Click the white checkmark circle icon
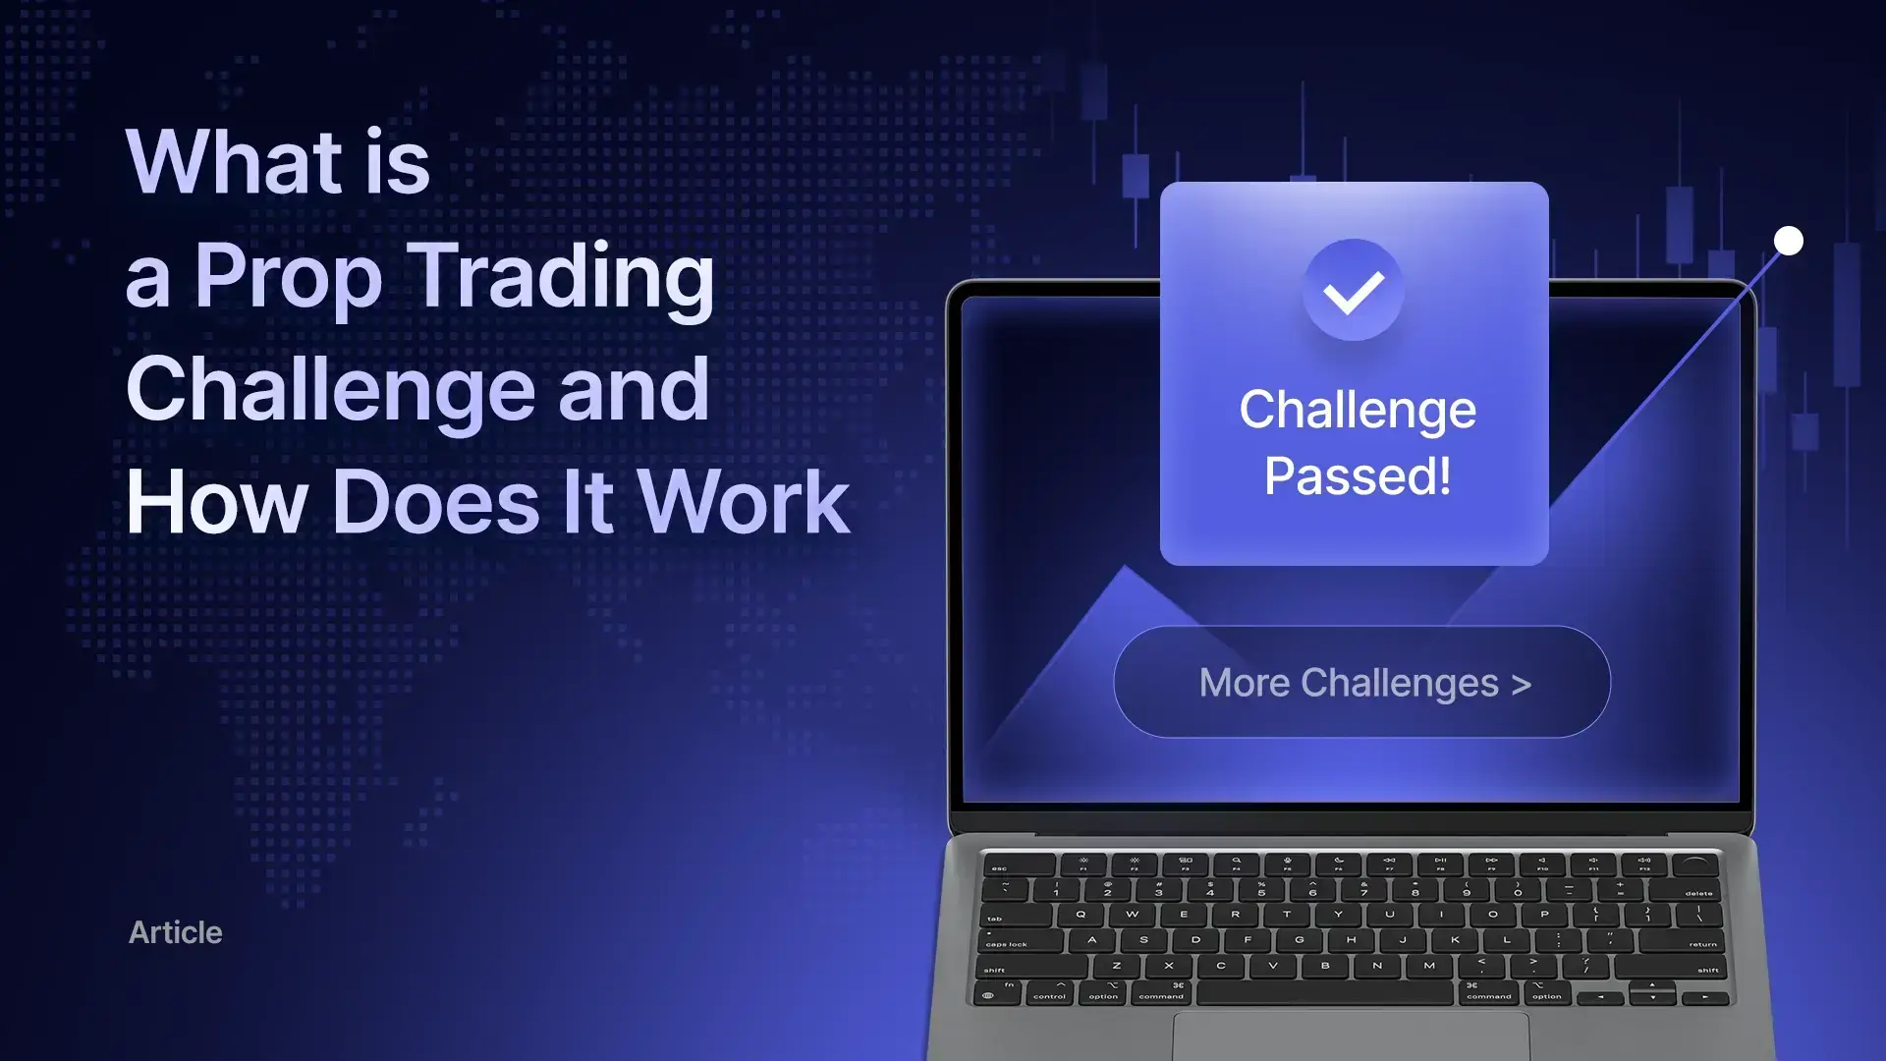click(x=1354, y=290)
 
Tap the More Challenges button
click(x=1362, y=682)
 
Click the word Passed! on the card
click(x=1358, y=476)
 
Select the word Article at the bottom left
click(x=176, y=932)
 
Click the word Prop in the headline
click(x=288, y=277)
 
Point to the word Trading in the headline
click(x=561, y=277)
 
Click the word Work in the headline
click(x=744, y=502)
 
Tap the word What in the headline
click(x=234, y=162)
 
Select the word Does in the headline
click(x=436, y=502)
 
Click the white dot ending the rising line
click(x=1789, y=241)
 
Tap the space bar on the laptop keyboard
click(x=1324, y=992)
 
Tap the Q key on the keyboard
click(x=1081, y=915)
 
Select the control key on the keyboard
click(x=1049, y=993)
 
